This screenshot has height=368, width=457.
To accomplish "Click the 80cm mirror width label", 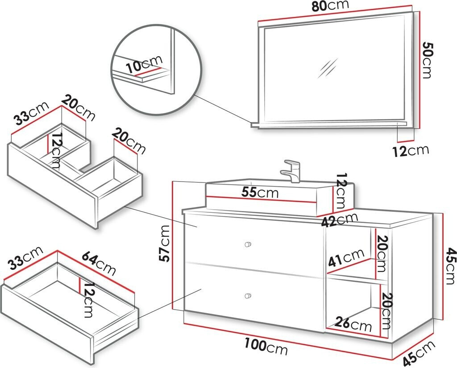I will coord(330,6).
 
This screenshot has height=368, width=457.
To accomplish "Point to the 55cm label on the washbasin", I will coord(259,193).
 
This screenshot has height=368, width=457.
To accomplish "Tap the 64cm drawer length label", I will coord(99,263).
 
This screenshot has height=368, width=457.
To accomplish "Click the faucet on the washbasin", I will coord(291,170).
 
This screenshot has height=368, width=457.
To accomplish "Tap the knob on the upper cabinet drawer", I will coord(248,244).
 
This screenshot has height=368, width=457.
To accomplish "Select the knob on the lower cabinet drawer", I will coord(248,296).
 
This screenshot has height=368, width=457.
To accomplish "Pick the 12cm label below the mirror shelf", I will coord(411,151).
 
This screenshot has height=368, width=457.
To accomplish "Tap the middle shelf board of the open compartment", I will coord(357,279).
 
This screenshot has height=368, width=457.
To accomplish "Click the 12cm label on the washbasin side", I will coord(341,192).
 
